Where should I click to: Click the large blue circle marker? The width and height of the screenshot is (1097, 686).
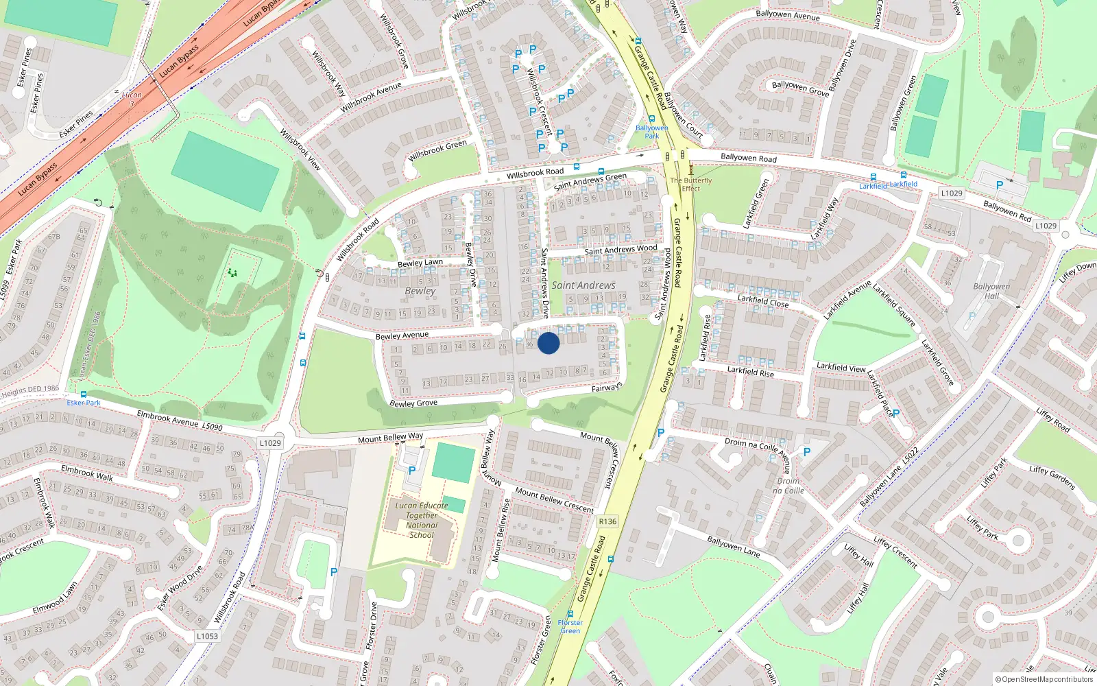(548, 343)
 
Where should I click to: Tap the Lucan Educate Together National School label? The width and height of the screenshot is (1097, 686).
(422, 520)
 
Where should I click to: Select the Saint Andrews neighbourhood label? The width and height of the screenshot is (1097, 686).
(583, 285)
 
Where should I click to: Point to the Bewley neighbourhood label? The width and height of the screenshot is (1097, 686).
(420, 291)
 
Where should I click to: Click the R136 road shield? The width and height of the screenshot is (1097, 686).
(607, 521)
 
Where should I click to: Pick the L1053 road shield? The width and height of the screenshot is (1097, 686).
(207, 636)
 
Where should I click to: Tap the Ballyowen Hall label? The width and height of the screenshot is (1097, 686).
(991, 291)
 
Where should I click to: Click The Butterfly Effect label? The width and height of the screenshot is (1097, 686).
(691, 185)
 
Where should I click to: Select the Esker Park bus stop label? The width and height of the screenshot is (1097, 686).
(84, 403)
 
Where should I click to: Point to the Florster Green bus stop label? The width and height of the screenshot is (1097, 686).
(570, 626)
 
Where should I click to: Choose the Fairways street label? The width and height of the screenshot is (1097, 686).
(606, 388)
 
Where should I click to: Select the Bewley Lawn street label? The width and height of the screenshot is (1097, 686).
(420, 263)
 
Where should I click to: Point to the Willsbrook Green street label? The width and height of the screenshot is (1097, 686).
(437, 151)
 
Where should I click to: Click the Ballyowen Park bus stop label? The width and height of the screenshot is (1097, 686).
(651, 132)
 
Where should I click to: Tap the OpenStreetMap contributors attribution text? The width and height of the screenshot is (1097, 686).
(1044, 679)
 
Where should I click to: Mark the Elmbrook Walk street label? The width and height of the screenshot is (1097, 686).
(87, 473)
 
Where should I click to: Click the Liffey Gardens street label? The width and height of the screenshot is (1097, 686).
(1052, 477)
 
